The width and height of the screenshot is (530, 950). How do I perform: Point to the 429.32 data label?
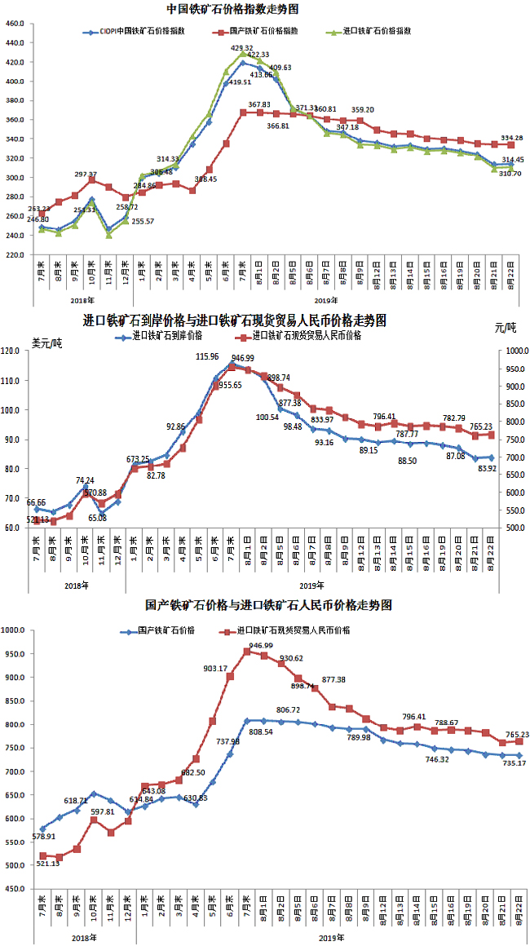(242, 48)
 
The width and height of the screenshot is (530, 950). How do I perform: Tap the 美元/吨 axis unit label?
(47, 342)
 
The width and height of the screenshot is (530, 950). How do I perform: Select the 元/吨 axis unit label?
(505, 328)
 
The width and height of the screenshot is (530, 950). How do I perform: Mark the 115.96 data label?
(207, 356)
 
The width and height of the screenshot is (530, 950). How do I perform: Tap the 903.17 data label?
(227, 668)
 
